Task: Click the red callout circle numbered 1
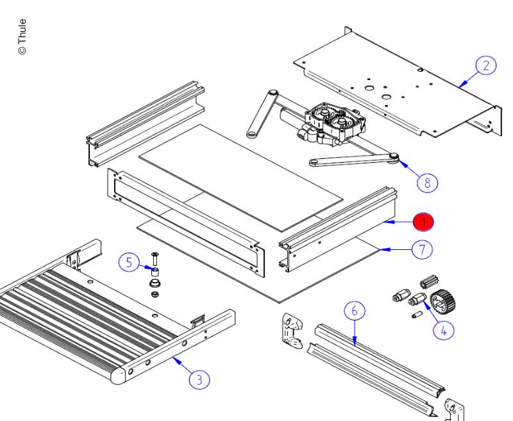pos(423,222)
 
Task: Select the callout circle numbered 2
pos(485,65)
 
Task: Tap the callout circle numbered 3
pos(199,379)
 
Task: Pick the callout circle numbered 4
pos(442,329)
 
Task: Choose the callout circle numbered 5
pos(129,261)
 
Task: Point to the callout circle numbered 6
pos(354,311)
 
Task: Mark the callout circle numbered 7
pos(421,249)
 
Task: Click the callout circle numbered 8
pos(427,183)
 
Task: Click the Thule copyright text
pos(22,37)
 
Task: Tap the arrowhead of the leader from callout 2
pos(460,85)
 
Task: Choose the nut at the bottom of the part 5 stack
pos(155,294)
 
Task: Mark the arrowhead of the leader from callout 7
pos(380,249)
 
